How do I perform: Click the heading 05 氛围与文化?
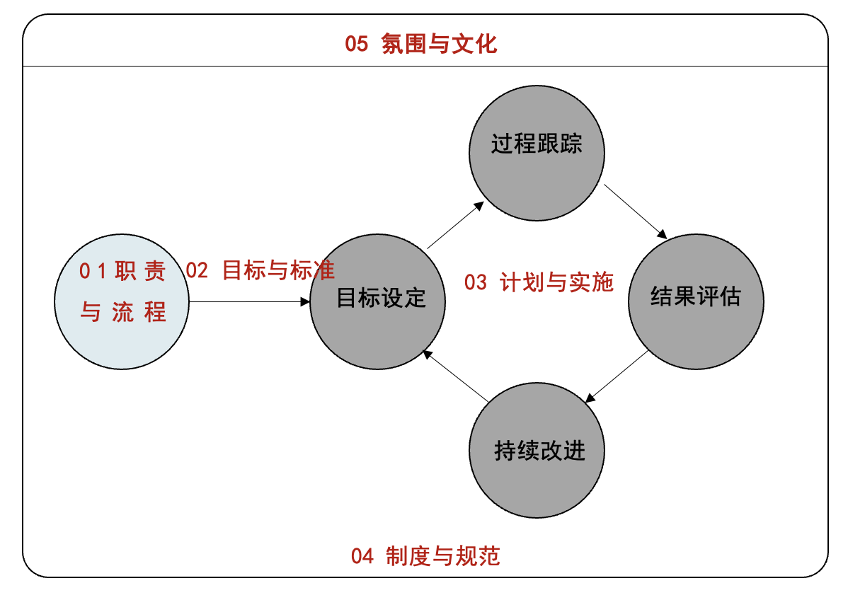[x=421, y=44]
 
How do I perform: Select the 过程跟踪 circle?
[x=537, y=153]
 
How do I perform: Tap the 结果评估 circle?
[x=696, y=301]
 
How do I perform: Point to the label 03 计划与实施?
[x=539, y=282]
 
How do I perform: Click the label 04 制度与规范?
[x=425, y=556]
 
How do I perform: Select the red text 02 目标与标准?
[x=260, y=270]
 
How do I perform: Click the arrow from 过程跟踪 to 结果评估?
[x=635, y=210]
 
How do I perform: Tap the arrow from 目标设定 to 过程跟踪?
[x=455, y=225]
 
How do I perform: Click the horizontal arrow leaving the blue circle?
[x=249, y=302]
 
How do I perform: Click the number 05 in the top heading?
[x=357, y=45]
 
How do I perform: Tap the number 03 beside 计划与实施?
[x=476, y=283]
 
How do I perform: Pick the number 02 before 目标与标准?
[x=197, y=270]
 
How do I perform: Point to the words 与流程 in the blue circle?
[x=123, y=312]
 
